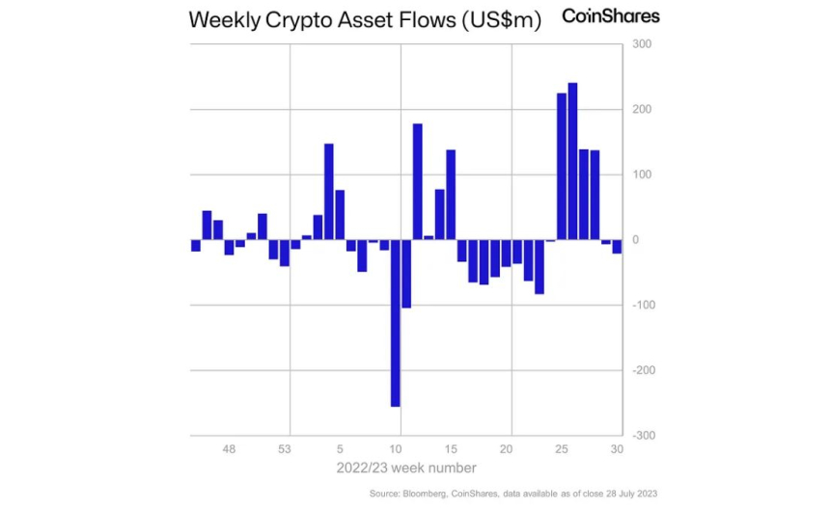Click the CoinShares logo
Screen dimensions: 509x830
(x=611, y=17)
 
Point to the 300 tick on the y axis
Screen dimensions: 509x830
(x=643, y=44)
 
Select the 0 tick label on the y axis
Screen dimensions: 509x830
(x=635, y=240)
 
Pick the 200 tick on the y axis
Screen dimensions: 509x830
(x=643, y=110)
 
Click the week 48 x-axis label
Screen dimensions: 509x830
(x=229, y=449)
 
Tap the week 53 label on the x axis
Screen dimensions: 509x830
(x=285, y=449)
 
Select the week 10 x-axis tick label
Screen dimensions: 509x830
(x=395, y=449)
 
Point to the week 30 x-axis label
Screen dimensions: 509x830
(x=617, y=449)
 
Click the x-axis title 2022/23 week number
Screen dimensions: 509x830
(x=405, y=469)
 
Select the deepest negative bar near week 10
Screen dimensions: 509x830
(x=395, y=323)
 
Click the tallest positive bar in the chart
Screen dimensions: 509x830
(x=572, y=161)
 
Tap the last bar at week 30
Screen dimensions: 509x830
(x=617, y=246)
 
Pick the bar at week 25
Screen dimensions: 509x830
(x=562, y=166)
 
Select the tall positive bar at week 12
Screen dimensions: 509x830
(x=417, y=181)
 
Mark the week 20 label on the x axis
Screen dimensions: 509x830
(x=506, y=449)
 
